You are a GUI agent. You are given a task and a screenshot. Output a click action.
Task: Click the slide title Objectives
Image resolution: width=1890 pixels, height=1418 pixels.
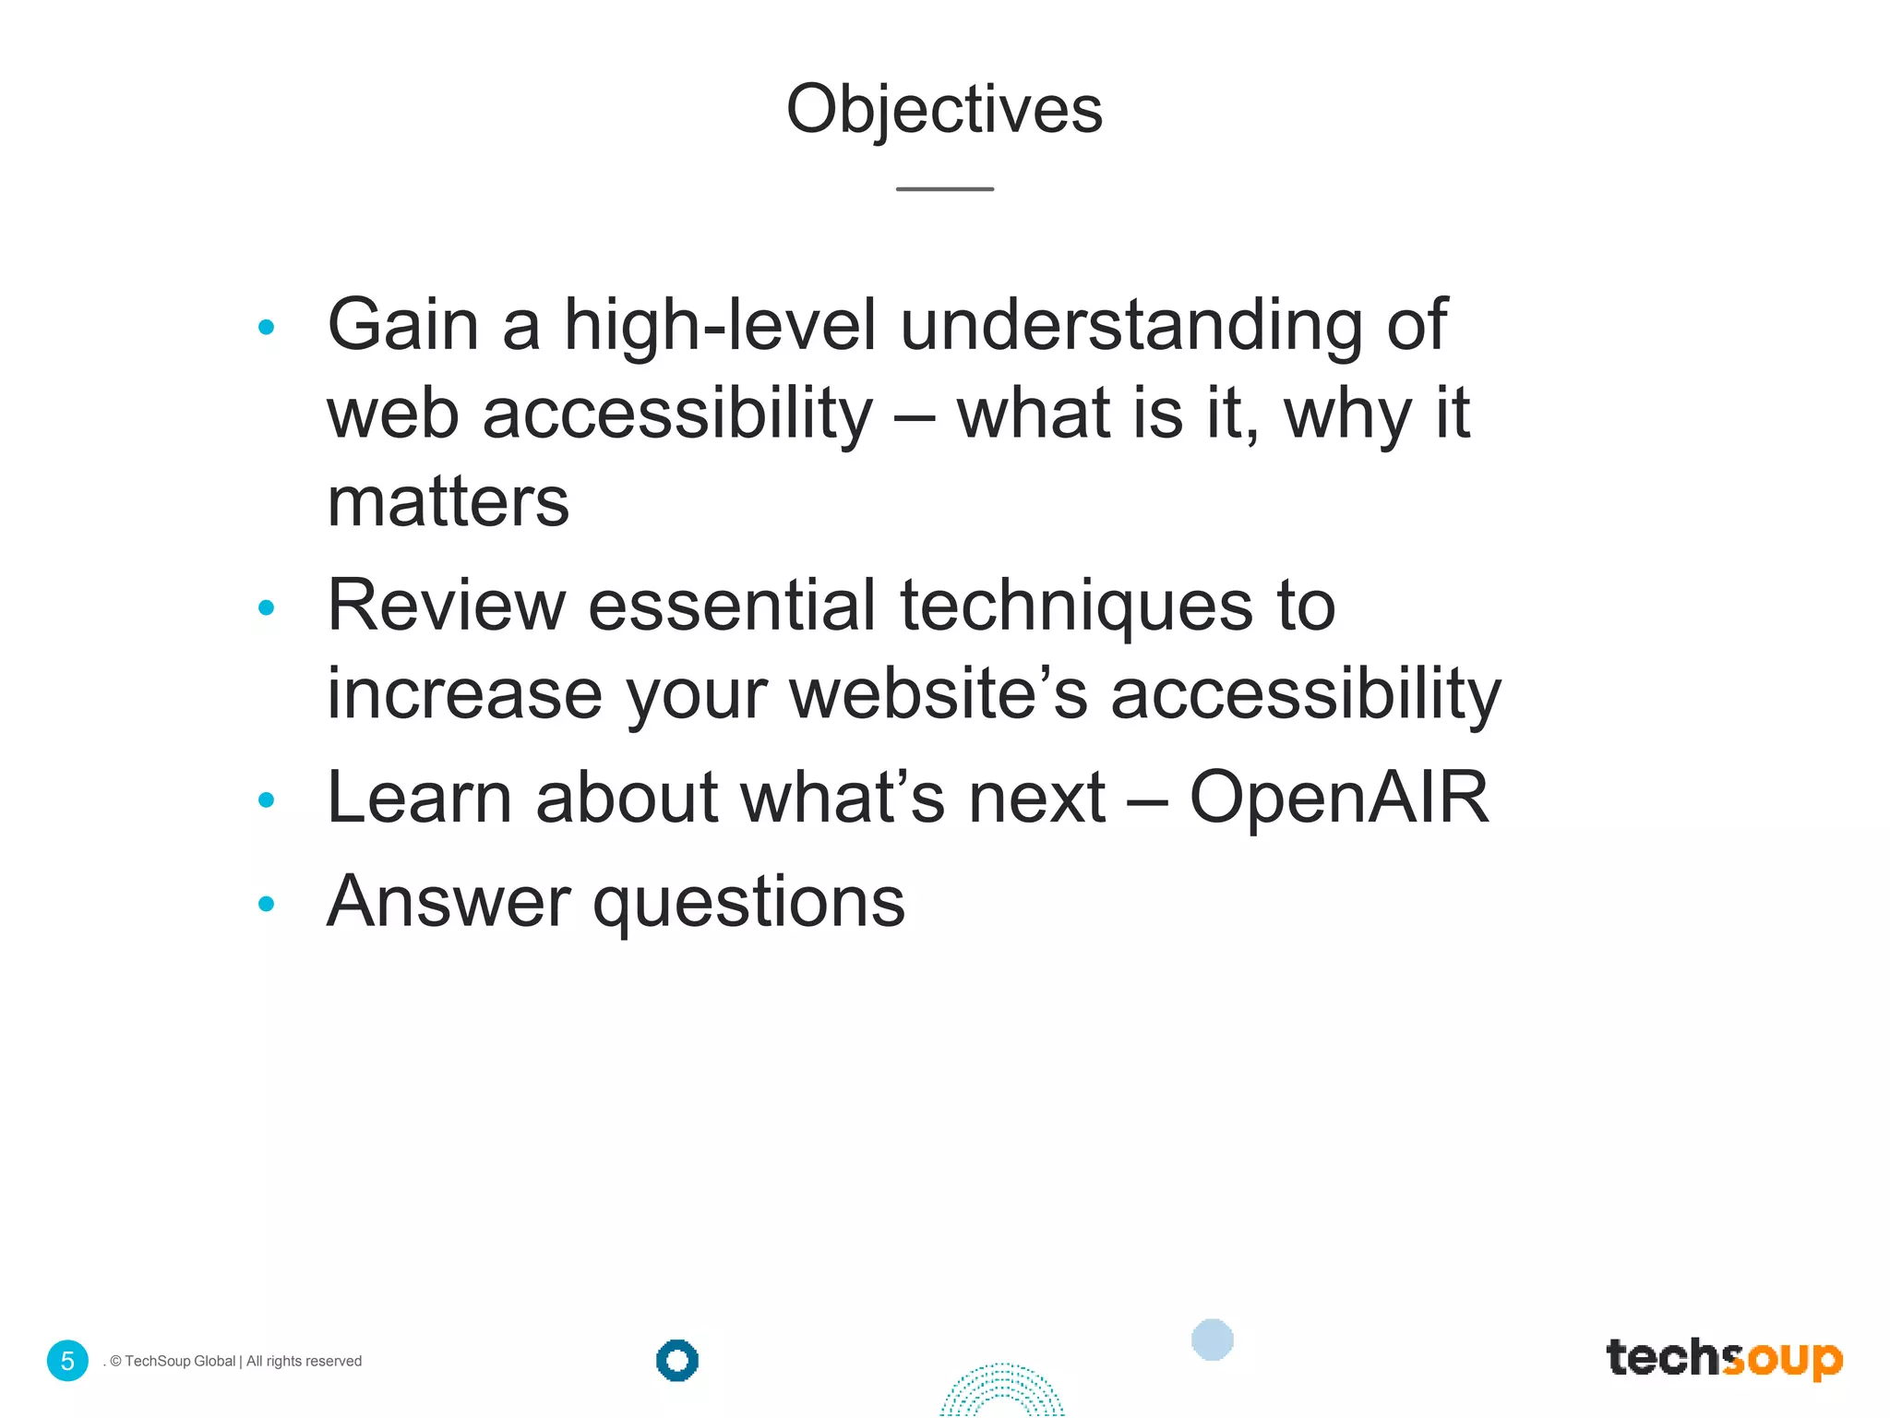(x=944, y=110)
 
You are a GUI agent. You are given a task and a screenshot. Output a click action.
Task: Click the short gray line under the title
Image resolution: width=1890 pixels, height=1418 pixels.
(x=944, y=189)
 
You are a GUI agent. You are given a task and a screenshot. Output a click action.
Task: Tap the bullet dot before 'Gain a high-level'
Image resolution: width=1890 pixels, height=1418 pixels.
(x=267, y=327)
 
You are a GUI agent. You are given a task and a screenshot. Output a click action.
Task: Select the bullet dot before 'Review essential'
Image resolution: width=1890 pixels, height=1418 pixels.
(x=267, y=607)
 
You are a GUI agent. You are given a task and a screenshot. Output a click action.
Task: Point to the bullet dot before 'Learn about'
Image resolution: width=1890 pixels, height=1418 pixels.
(x=267, y=800)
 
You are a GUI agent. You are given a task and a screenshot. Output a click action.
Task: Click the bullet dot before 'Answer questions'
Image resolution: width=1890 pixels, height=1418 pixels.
(x=267, y=904)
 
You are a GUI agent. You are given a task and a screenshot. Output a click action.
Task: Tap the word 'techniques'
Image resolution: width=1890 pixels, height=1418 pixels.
(x=1076, y=607)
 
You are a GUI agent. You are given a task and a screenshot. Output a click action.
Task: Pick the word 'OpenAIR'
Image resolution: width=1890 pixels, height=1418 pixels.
(x=1339, y=798)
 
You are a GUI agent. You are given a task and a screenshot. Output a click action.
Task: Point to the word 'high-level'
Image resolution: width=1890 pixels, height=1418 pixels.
(x=720, y=326)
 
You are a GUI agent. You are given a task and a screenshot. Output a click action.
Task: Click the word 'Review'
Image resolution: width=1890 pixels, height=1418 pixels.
(x=447, y=607)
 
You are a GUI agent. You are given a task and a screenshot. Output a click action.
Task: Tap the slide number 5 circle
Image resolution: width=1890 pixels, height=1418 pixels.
(x=67, y=1361)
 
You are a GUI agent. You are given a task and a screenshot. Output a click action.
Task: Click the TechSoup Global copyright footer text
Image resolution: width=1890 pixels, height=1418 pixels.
(x=235, y=1362)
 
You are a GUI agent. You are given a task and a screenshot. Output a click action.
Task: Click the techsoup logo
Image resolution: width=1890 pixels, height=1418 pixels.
(x=1724, y=1359)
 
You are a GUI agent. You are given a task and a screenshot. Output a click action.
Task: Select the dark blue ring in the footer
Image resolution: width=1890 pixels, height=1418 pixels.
(x=677, y=1360)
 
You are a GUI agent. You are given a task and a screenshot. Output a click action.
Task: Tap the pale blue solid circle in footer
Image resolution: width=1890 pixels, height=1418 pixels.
(x=1212, y=1340)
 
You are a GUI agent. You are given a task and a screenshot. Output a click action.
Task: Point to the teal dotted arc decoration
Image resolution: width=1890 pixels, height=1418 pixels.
(x=1002, y=1392)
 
